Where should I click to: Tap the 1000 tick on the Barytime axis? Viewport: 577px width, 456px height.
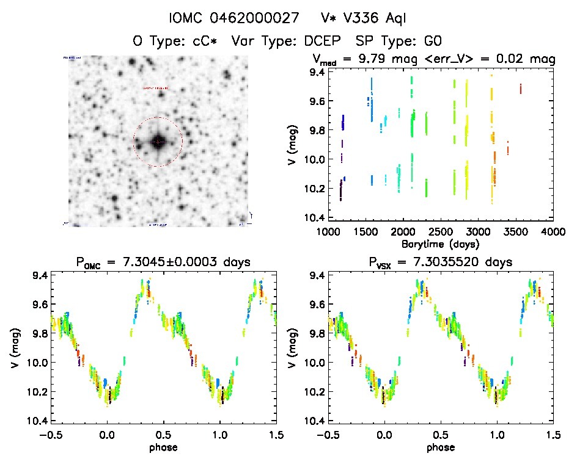click(x=328, y=232)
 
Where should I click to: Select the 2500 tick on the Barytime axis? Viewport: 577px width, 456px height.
click(x=441, y=232)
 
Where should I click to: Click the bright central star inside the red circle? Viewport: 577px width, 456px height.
click(x=158, y=142)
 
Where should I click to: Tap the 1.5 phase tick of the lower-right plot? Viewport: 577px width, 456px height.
click(x=553, y=434)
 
